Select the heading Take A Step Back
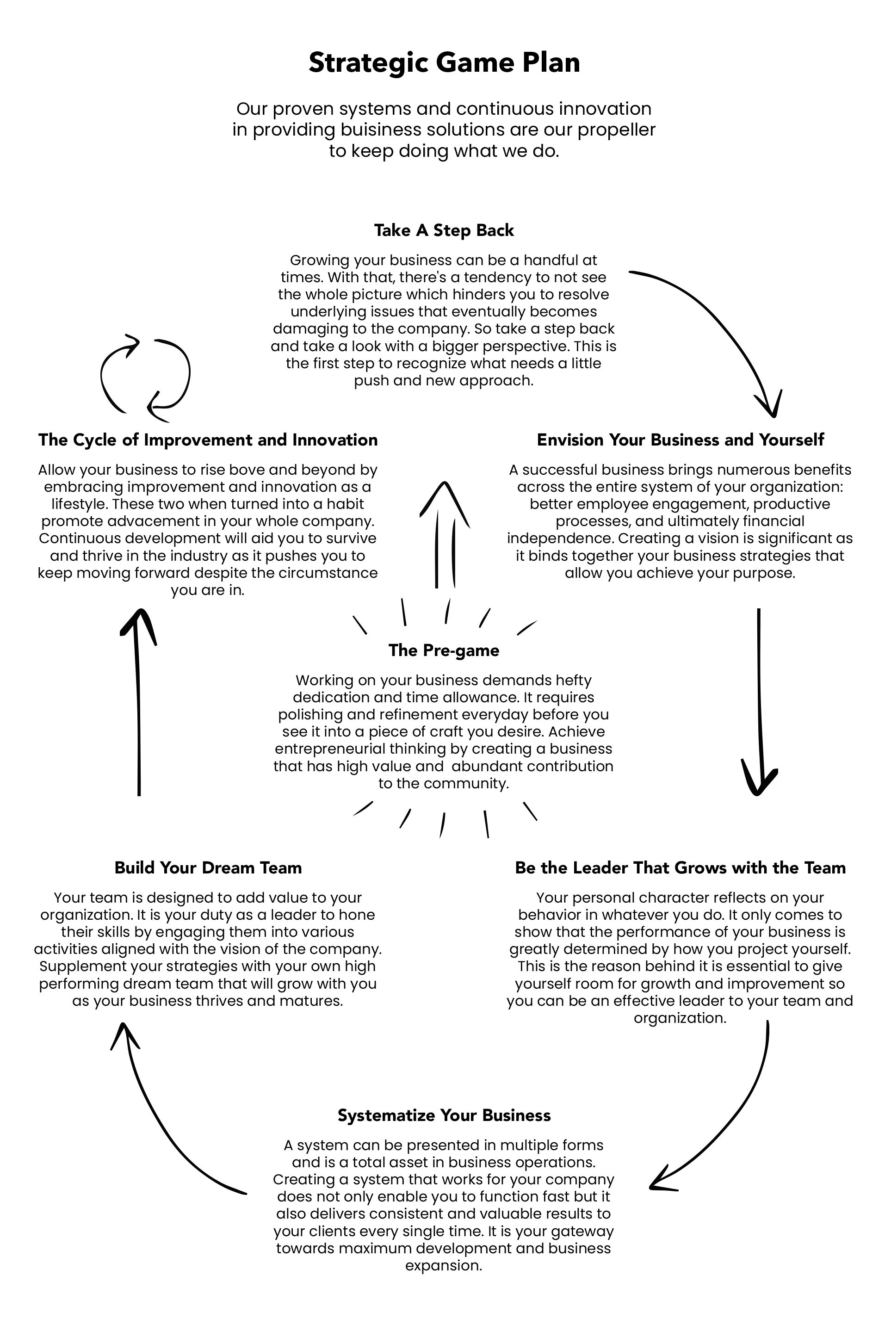pos(444,230)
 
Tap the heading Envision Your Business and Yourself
pos(680,440)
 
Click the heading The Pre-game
pos(444,650)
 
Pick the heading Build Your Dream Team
pos(208,867)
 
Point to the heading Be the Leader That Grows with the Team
pos(680,867)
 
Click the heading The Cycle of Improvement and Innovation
pos(208,440)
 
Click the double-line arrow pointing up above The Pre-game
pos(445,534)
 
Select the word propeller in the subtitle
pos(617,130)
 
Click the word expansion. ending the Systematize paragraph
pos(444,1265)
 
